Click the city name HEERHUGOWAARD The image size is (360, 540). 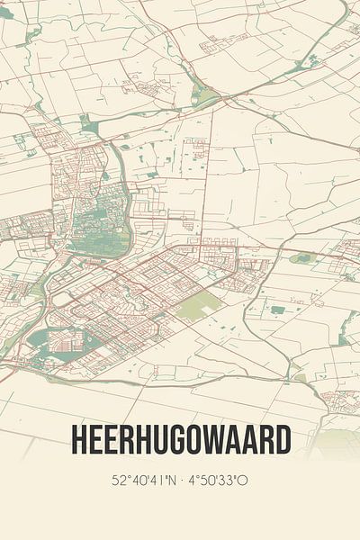click(x=180, y=440)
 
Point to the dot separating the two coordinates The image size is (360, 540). click(x=184, y=481)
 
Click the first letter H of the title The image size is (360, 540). click(x=77, y=440)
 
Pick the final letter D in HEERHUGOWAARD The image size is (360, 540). click(x=283, y=440)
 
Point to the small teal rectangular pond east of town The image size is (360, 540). click(x=278, y=310)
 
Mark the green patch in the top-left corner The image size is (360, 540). click(x=7, y=13)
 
